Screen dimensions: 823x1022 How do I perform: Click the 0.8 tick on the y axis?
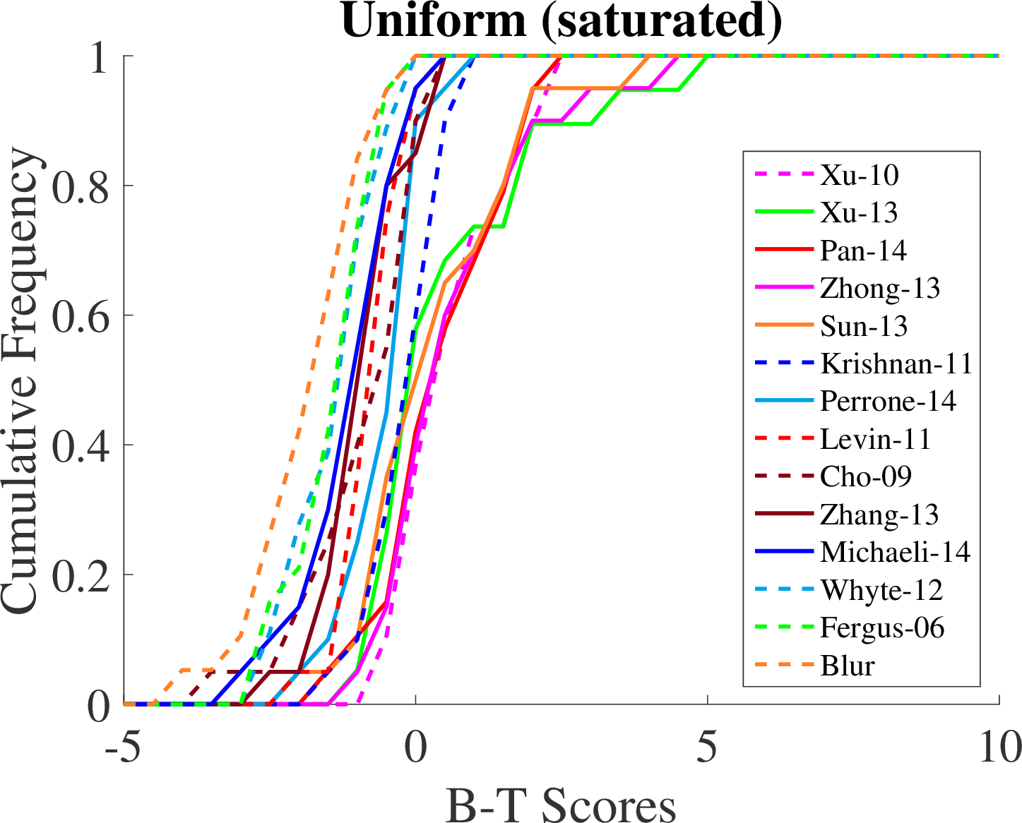click(x=81, y=186)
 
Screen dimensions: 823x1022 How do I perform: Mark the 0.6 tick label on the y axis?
click(x=81, y=316)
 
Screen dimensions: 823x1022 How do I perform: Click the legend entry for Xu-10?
click(x=860, y=175)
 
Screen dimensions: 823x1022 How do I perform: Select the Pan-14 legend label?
click(x=863, y=251)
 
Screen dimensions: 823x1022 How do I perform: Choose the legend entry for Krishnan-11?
click(x=896, y=364)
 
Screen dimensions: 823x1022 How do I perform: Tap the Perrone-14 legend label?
click(x=888, y=401)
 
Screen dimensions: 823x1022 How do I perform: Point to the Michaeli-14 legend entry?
click(x=895, y=552)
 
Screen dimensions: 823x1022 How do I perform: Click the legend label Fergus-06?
click(x=882, y=627)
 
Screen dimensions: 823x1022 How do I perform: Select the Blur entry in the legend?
click(x=848, y=666)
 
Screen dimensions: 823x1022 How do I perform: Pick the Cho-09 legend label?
click(x=866, y=476)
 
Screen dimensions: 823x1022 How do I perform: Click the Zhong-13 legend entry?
click(x=880, y=288)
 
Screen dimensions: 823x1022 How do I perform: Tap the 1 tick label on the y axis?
click(x=99, y=56)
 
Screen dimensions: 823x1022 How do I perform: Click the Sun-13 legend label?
click(x=864, y=326)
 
